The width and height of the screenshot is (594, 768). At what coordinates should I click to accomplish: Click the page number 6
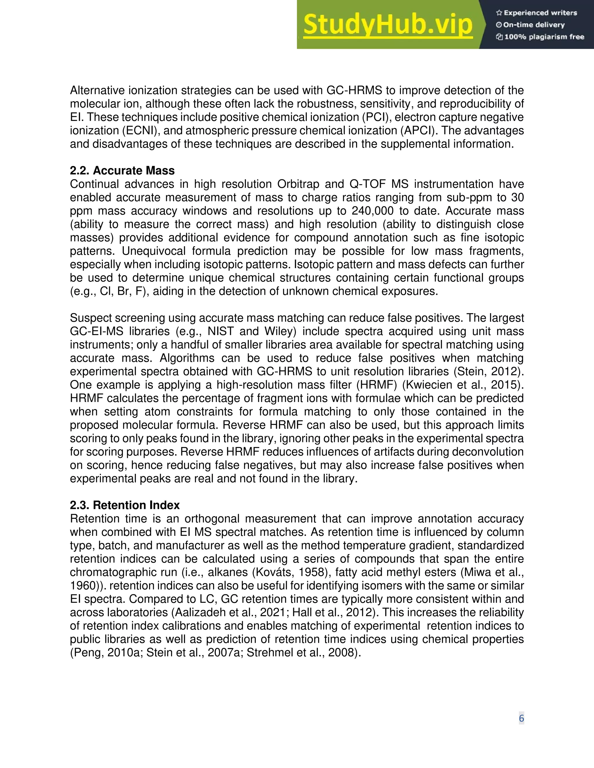(x=521, y=718)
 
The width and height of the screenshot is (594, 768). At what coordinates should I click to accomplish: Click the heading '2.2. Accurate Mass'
(x=122, y=170)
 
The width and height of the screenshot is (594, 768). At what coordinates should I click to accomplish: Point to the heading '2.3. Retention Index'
(x=124, y=505)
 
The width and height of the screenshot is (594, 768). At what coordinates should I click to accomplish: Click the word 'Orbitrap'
(x=300, y=184)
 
